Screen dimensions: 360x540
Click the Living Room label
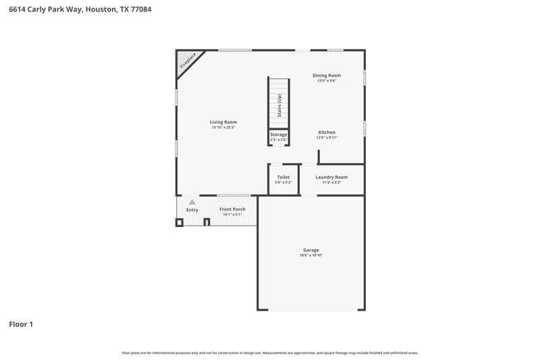point(223,122)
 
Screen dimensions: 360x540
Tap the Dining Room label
point(326,75)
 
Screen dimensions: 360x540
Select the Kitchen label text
point(327,132)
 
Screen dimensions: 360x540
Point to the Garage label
point(310,250)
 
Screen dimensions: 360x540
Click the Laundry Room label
point(331,177)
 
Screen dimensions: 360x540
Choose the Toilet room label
point(283,177)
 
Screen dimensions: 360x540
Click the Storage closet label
point(279,134)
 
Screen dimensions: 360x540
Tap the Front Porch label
point(232,209)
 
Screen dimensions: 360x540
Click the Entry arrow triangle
point(192,202)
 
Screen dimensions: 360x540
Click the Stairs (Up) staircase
point(279,103)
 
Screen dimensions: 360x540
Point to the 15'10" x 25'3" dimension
point(223,127)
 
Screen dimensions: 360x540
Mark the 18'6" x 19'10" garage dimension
point(310,255)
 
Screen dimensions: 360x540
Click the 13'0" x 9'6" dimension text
point(326,80)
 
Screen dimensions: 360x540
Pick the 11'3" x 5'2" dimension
point(331,182)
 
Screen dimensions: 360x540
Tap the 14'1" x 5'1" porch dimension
point(232,215)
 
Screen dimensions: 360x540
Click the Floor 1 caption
point(21,325)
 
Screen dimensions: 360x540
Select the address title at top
point(75,10)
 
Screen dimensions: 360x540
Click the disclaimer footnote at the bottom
point(270,353)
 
